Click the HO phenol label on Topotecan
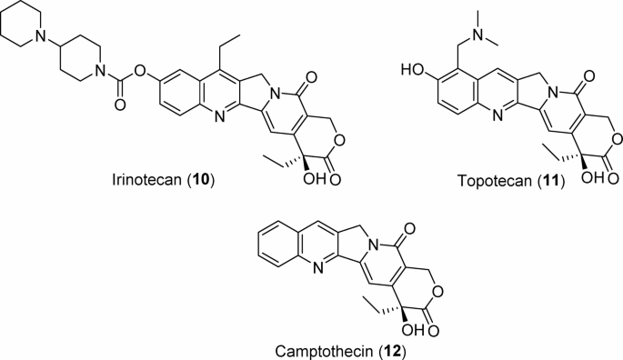pos(408,68)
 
